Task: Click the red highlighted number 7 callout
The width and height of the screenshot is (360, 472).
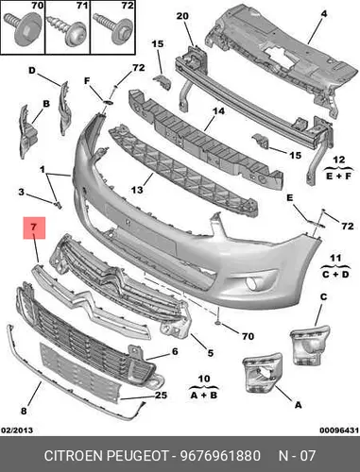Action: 34,228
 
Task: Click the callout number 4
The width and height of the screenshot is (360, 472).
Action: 324,14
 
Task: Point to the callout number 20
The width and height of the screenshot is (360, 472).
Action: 182,16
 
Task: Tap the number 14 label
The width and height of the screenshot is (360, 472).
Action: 218,111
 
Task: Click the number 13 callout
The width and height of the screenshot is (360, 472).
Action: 137,190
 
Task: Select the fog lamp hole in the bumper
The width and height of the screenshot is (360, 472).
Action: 252,283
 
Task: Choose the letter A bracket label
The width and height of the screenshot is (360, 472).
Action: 299,405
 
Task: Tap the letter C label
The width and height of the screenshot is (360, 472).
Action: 323,296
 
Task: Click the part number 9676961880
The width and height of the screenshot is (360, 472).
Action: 220,456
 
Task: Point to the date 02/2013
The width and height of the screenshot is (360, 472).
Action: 17,430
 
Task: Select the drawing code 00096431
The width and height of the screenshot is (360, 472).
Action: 339,430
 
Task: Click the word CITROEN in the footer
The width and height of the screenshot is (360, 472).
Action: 74,456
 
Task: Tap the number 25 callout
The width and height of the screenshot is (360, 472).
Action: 161,395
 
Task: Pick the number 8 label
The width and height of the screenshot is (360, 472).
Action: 24,411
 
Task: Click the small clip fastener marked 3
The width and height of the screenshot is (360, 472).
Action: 59,206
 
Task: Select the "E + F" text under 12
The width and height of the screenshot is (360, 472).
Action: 338,176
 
